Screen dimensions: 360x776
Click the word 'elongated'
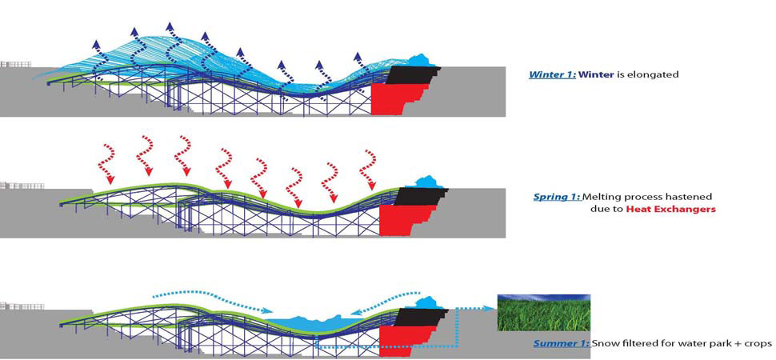pos(654,74)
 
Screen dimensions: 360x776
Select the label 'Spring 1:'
pos(557,196)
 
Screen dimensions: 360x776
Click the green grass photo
pos(543,313)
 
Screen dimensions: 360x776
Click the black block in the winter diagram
pos(410,75)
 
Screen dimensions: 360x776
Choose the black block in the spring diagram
pos(416,196)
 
